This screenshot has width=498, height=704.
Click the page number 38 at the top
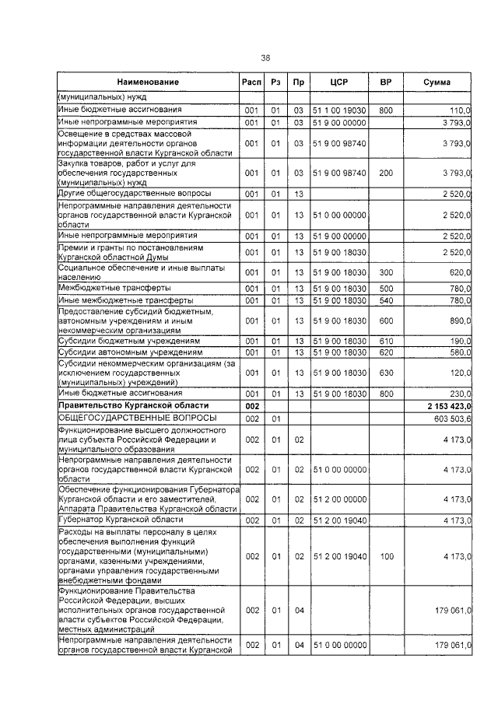(265, 58)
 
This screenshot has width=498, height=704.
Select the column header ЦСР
(338, 82)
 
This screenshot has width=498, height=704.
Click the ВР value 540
(384, 300)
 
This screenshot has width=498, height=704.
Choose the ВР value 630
(384, 373)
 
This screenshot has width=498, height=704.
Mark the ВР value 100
(384, 557)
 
